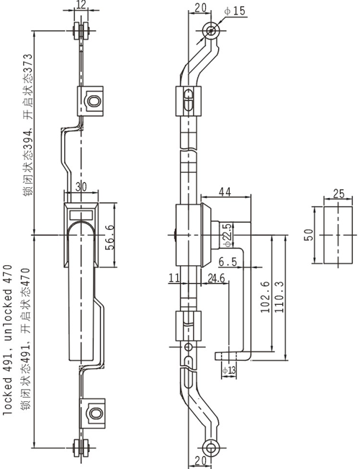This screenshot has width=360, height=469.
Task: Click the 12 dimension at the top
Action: (81, 4)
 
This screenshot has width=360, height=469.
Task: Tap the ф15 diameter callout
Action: (235, 11)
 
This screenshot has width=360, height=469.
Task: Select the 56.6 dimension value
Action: (109, 238)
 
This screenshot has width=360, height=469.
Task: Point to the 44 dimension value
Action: (225, 192)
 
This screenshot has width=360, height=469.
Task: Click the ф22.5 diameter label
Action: (228, 236)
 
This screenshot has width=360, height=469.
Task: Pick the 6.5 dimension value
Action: (228, 262)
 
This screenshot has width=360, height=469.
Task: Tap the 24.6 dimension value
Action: (216, 279)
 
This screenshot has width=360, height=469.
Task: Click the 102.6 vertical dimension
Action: (265, 297)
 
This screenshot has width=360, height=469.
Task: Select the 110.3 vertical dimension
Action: (279, 297)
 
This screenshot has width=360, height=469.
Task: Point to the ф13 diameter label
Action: (229, 370)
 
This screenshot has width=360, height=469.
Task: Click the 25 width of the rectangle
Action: (338, 194)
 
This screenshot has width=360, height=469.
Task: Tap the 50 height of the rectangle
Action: (308, 235)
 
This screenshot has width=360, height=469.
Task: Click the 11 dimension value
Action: (174, 278)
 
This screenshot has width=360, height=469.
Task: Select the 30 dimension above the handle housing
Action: (81, 187)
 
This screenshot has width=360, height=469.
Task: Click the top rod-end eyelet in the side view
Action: (211, 31)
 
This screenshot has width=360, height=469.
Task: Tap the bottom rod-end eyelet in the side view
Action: (211, 448)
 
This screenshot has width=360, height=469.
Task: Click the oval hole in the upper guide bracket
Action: (94, 101)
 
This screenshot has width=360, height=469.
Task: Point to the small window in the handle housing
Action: (81, 215)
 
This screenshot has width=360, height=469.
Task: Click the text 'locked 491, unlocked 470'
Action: (8, 340)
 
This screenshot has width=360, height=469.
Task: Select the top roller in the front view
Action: (81, 31)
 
